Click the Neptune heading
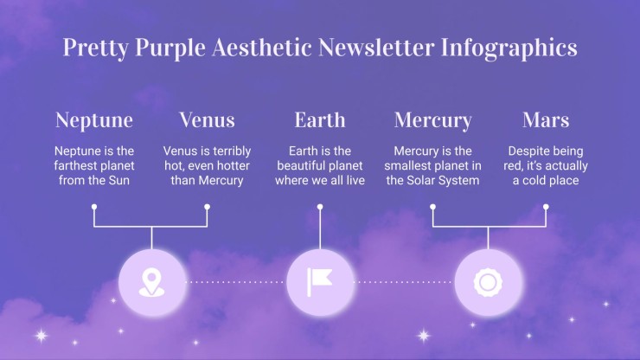pyautogui.click(x=94, y=120)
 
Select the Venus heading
pyautogui.click(x=207, y=119)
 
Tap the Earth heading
pyautogui.click(x=320, y=119)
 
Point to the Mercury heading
pyautogui.click(x=432, y=121)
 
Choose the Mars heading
pyautogui.click(x=546, y=119)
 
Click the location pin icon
pyautogui.click(x=152, y=282)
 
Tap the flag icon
pyautogui.click(x=320, y=282)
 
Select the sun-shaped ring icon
pyautogui.click(x=488, y=282)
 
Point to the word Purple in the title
pyautogui.click(x=170, y=48)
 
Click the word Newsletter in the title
pyautogui.click(x=376, y=47)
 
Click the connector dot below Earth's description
pyautogui.click(x=320, y=207)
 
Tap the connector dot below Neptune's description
pyautogui.click(x=94, y=207)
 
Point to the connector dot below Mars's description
pyautogui.click(x=546, y=207)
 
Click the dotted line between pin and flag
pyautogui.click(x=234, y=282)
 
